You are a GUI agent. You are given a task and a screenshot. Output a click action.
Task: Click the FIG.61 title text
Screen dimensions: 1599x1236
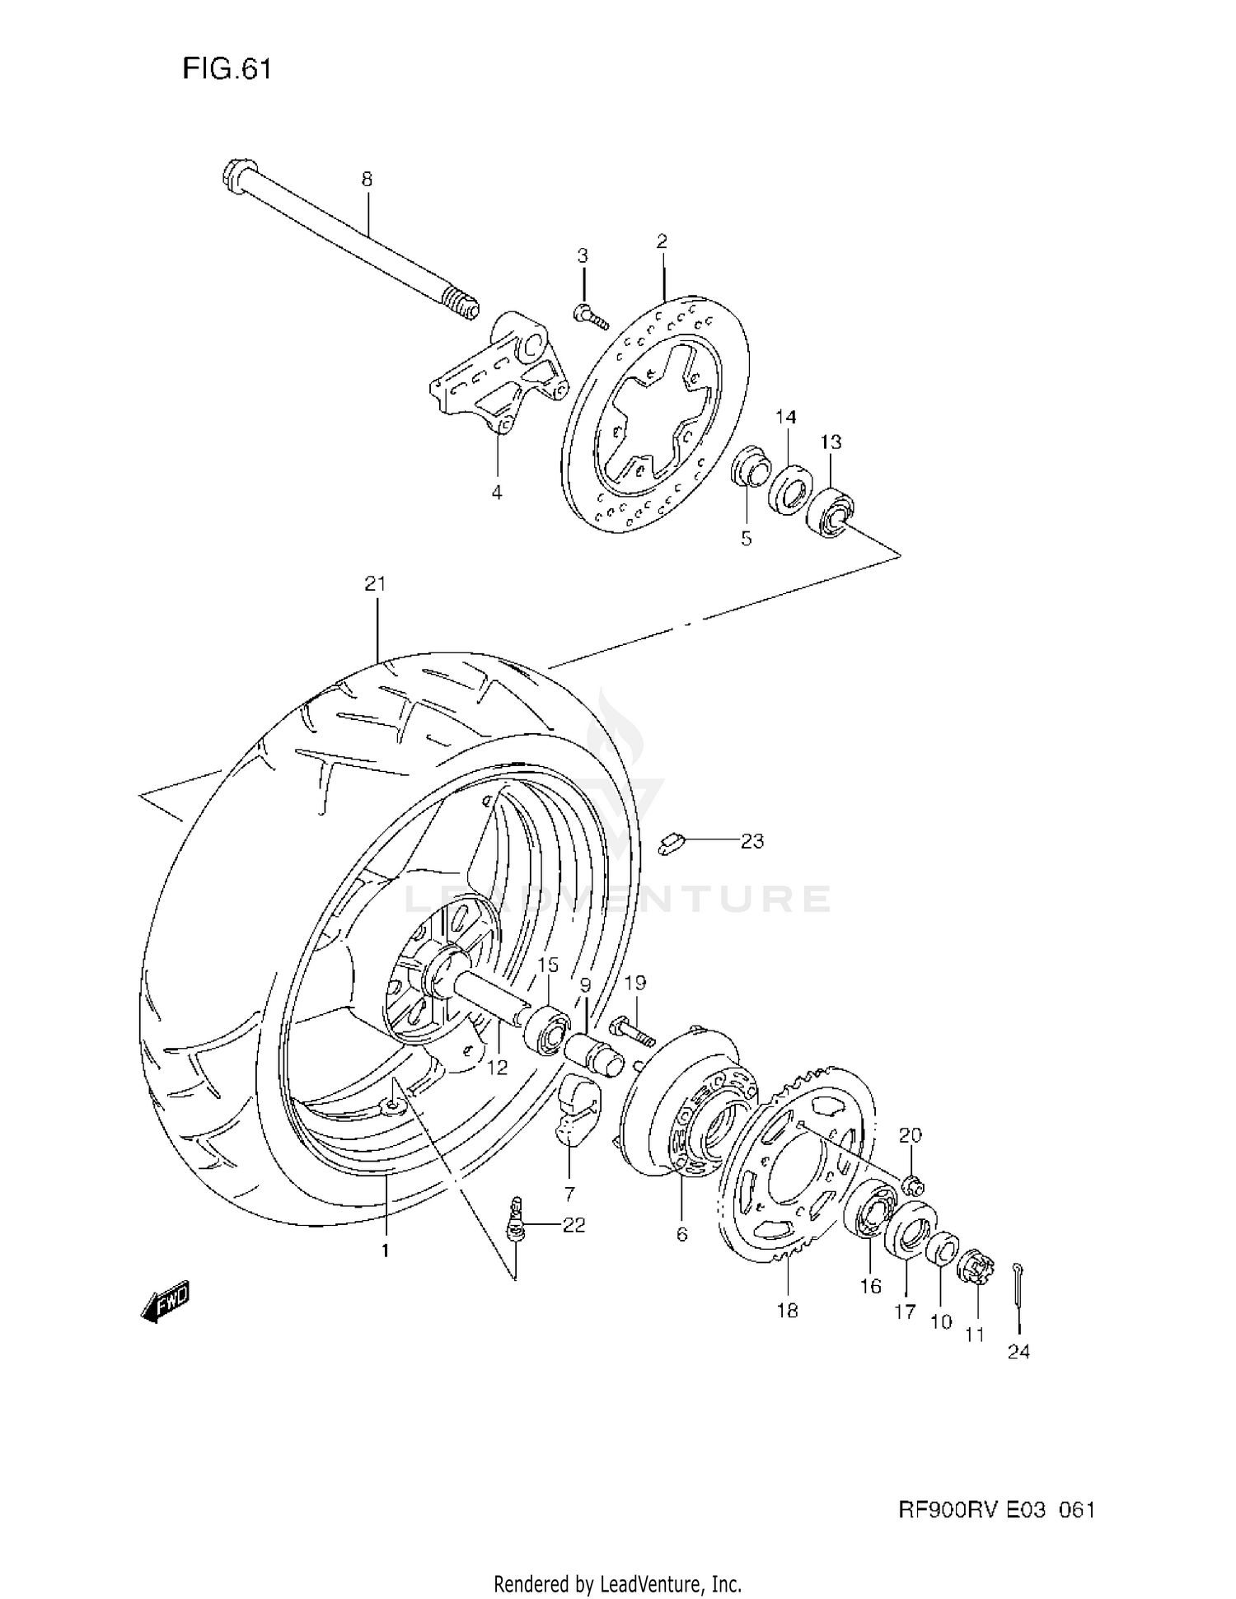227,69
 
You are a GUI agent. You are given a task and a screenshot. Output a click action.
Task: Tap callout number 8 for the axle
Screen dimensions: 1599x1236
367,178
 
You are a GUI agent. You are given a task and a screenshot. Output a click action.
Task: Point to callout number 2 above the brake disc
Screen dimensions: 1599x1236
662,241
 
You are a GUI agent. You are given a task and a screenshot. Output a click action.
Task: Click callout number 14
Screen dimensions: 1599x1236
786,417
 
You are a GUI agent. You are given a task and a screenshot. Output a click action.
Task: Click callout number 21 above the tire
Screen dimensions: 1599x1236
375,584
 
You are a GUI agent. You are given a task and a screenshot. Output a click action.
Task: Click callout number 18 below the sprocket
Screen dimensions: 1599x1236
787,1310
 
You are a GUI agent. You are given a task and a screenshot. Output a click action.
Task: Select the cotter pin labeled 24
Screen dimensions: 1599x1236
1019,1293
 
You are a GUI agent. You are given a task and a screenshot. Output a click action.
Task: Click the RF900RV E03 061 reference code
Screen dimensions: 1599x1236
995,1509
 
